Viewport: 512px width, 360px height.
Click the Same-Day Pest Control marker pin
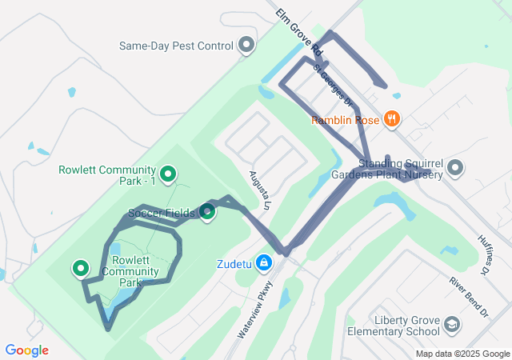(x=247, y=46)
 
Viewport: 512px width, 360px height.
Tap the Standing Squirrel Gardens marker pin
(x=455, y=168)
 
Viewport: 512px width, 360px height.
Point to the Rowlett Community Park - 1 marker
(x=168, y=173)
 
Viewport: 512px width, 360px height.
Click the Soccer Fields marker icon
(x=207, y=212)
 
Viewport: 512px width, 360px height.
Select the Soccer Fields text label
(x=162, y=214)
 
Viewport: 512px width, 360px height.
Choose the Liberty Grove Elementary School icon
(x=452, y=324)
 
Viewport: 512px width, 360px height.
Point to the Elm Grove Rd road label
(x=298, y=29)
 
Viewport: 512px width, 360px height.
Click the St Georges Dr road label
(x=333, y=86)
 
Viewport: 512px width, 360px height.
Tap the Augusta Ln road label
(x=257, y=190)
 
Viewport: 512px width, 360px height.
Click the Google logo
(x=26, y=350)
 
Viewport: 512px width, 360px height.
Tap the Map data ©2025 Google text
(x=462, y=354)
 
